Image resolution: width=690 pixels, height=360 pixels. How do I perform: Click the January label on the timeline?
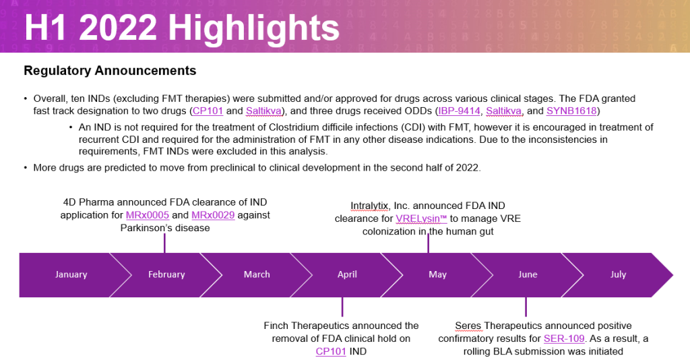coord(71,274)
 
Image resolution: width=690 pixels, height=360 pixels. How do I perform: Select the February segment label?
coord(166,274)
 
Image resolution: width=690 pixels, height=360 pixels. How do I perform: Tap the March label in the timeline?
coord(257,274)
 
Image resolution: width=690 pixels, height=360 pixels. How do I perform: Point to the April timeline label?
coord(347,274)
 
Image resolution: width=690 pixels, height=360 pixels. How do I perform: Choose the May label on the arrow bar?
coord(438,274)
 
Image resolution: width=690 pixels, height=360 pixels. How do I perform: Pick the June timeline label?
coord(528,274)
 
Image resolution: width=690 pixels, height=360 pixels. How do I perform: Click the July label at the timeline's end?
coord(619,274)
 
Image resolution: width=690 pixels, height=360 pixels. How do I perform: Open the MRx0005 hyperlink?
coord(148,215)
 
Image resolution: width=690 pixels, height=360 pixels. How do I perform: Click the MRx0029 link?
coord(213,215)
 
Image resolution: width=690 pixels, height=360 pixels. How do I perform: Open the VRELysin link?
coord(421,218)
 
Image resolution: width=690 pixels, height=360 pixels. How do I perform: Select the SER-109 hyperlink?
coord(564,338)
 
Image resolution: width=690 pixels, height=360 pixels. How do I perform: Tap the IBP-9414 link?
coord(459,111)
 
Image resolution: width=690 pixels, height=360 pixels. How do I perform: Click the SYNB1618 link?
coord(571,111)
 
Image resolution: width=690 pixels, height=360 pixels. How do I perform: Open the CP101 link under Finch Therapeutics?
coord(330,351)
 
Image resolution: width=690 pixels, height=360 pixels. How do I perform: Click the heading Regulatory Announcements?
coord(110,70)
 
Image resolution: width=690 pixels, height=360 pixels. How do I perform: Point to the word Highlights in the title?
coord(254,28)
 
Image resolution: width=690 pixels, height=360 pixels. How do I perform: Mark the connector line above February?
coord(164,243)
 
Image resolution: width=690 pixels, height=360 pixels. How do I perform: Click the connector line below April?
coord(342,307)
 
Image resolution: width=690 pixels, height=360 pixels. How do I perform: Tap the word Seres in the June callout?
coord(468,326)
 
